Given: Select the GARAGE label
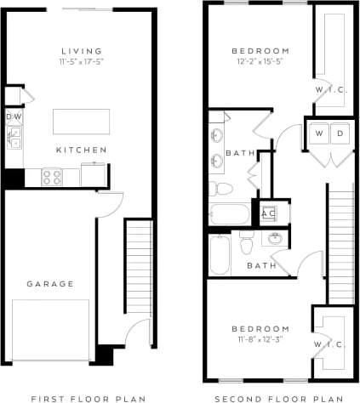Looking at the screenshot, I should [x=49, y=284].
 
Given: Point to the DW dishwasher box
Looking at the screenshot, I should [x=14, y=116].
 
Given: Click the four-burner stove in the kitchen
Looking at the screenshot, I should [x=51, y=178].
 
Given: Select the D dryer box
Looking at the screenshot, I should [x=339, y=134].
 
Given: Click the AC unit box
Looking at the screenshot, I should [x=269, y=213].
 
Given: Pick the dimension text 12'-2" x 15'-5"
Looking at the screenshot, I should [x=261, y=62].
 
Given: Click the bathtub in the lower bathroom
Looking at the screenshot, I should [x=220, y=254].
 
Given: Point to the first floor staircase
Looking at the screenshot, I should [x=136, y=276].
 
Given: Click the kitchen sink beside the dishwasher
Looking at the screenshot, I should [x=14, y=139].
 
